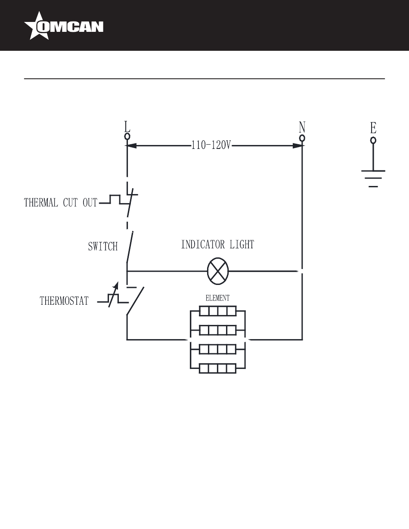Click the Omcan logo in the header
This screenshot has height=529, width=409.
pyautogui.click(x=64, y=26)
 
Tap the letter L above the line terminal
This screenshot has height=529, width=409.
pyautogui.click(x=127, y=127)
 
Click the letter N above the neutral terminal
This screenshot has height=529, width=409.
pyautogui.click(x=302, y=127)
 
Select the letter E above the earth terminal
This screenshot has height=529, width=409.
pyautogui.click(x=373, y=128)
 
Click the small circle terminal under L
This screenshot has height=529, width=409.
pyautogui.click(x=127, y=136)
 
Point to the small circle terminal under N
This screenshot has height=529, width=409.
pyautogui.click(x=302, y=138)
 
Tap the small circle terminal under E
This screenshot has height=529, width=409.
pyautogui.click(x=373, y=140)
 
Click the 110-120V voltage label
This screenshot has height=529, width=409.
pyautogui.click(x=211, y=145)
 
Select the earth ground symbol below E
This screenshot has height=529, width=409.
pyautogui.click(x=373, y=179)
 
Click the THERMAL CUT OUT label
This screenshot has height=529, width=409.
pyautogui.click(x=61, y=203)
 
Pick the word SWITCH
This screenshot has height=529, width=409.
pyautogui.click(x=103, y=246)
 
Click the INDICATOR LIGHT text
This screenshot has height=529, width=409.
pyautogui.click(x=218, y=244)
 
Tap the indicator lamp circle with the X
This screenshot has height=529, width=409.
pyautogui.click(x=218, y=271)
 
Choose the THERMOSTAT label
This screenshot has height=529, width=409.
pyautogui.click(x=64, y=300)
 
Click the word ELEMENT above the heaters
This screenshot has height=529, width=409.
pyautogui.click(x=217, y=298)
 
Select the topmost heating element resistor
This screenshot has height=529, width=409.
pyautogui.click(x=218, y=311)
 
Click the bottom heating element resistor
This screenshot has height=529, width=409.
pyautogui.click(x=218, y=368)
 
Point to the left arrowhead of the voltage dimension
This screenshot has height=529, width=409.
pyautogui.click(x=131, y=146)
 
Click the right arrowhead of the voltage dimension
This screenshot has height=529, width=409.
pyautogui.click(x=297, y=146)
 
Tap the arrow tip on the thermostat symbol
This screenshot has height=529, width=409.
pyautogui.click(x=118, y=282)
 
